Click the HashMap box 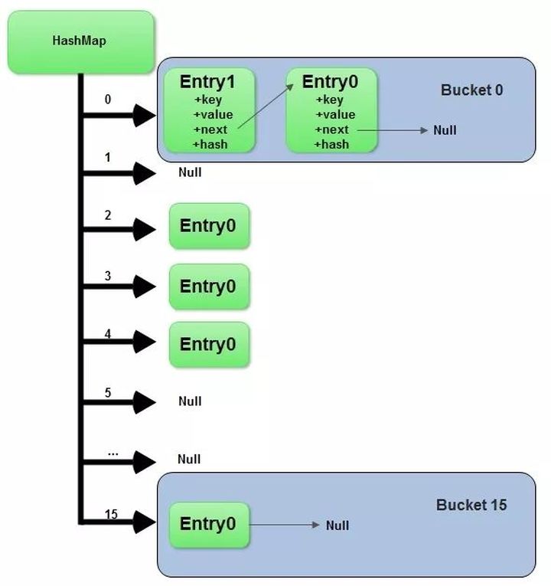tap(80, 42)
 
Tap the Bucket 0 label tap(471, 90)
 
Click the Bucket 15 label tap(471, 506)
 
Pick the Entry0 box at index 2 tap(209, 226)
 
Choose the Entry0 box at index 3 tap(209, 286)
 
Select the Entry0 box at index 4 tap(209, 345)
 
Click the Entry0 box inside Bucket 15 tap(209, 525)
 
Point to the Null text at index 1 tap(190, 172)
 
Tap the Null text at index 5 tap(190, 401)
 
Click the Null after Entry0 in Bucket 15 tap(337, 525)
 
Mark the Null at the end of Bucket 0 tap(445, 130)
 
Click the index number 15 tap(111, 514)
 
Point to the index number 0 tap(107, 100)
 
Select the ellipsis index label tap(112, 452)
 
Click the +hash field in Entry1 tap(210, 144)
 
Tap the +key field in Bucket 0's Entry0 tap(330, 100)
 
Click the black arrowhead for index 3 tap(144, 286)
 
